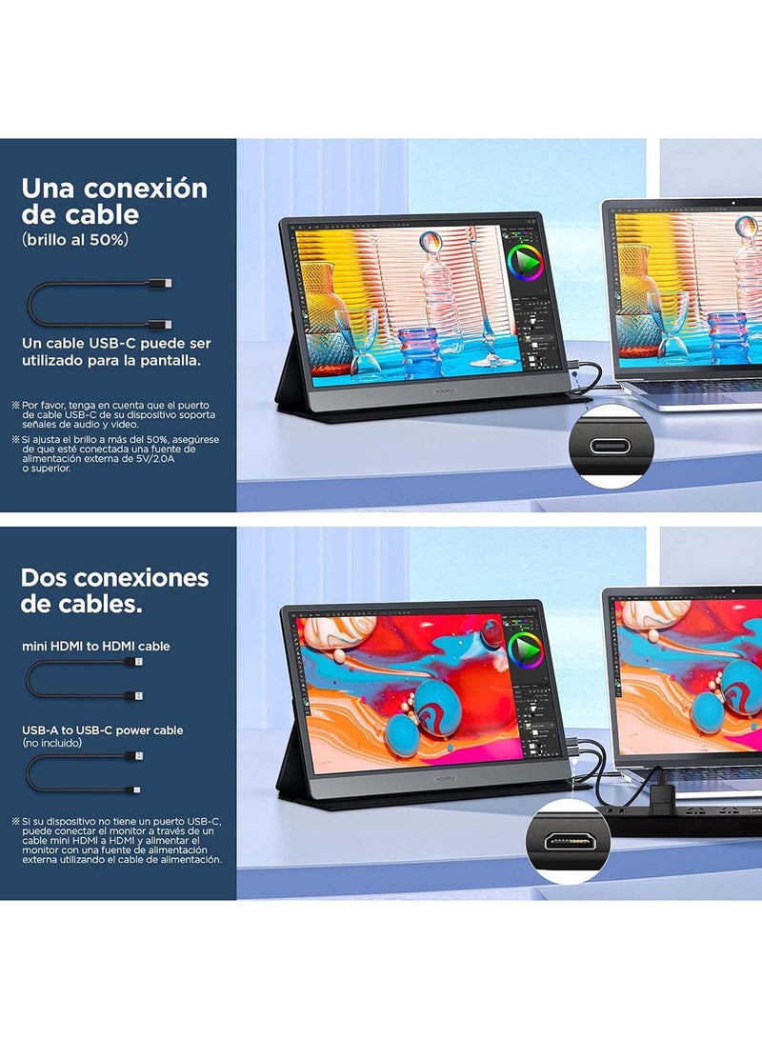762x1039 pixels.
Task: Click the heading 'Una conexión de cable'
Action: coord(113,201)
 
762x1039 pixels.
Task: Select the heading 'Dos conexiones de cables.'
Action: coord(114,590)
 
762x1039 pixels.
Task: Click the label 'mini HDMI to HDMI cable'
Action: coord(96,646)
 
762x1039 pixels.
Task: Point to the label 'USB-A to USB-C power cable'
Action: coord(103,729)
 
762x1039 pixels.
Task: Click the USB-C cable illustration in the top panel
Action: coord(100,304)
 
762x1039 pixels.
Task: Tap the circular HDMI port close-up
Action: coord(567,841)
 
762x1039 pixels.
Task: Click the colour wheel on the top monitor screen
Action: coord(524,262)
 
